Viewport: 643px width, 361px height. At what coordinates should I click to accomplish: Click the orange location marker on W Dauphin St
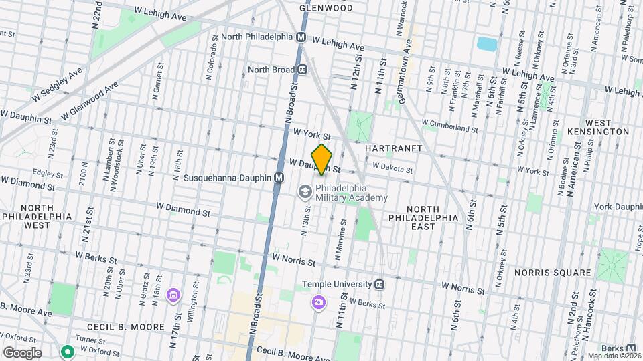click(x=321, y=159)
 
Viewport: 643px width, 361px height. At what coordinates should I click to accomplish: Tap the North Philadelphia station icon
click(x=301, y=37)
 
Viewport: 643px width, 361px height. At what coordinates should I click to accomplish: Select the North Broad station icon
click(x=303, y=69)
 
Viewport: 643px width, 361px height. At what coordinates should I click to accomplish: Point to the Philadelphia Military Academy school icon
click(x=305, y=193)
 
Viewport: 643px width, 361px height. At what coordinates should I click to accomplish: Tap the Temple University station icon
click(x=380, y=284)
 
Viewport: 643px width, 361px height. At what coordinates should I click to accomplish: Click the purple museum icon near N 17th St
click(x=173, y=295)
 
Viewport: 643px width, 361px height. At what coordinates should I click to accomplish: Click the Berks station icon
click(x=632, y=348)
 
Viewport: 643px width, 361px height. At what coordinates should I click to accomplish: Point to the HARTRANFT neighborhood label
click(x=392, y=146)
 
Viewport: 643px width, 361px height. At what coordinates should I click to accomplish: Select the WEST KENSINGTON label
click(x=597, y=127)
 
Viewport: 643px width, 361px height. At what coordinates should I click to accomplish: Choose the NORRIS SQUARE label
click(x=553, y=273)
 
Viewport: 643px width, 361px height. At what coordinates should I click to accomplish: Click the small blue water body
click(x=487, y=44)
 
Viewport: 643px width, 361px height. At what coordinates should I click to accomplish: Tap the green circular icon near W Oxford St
click(x=67, y=351)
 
